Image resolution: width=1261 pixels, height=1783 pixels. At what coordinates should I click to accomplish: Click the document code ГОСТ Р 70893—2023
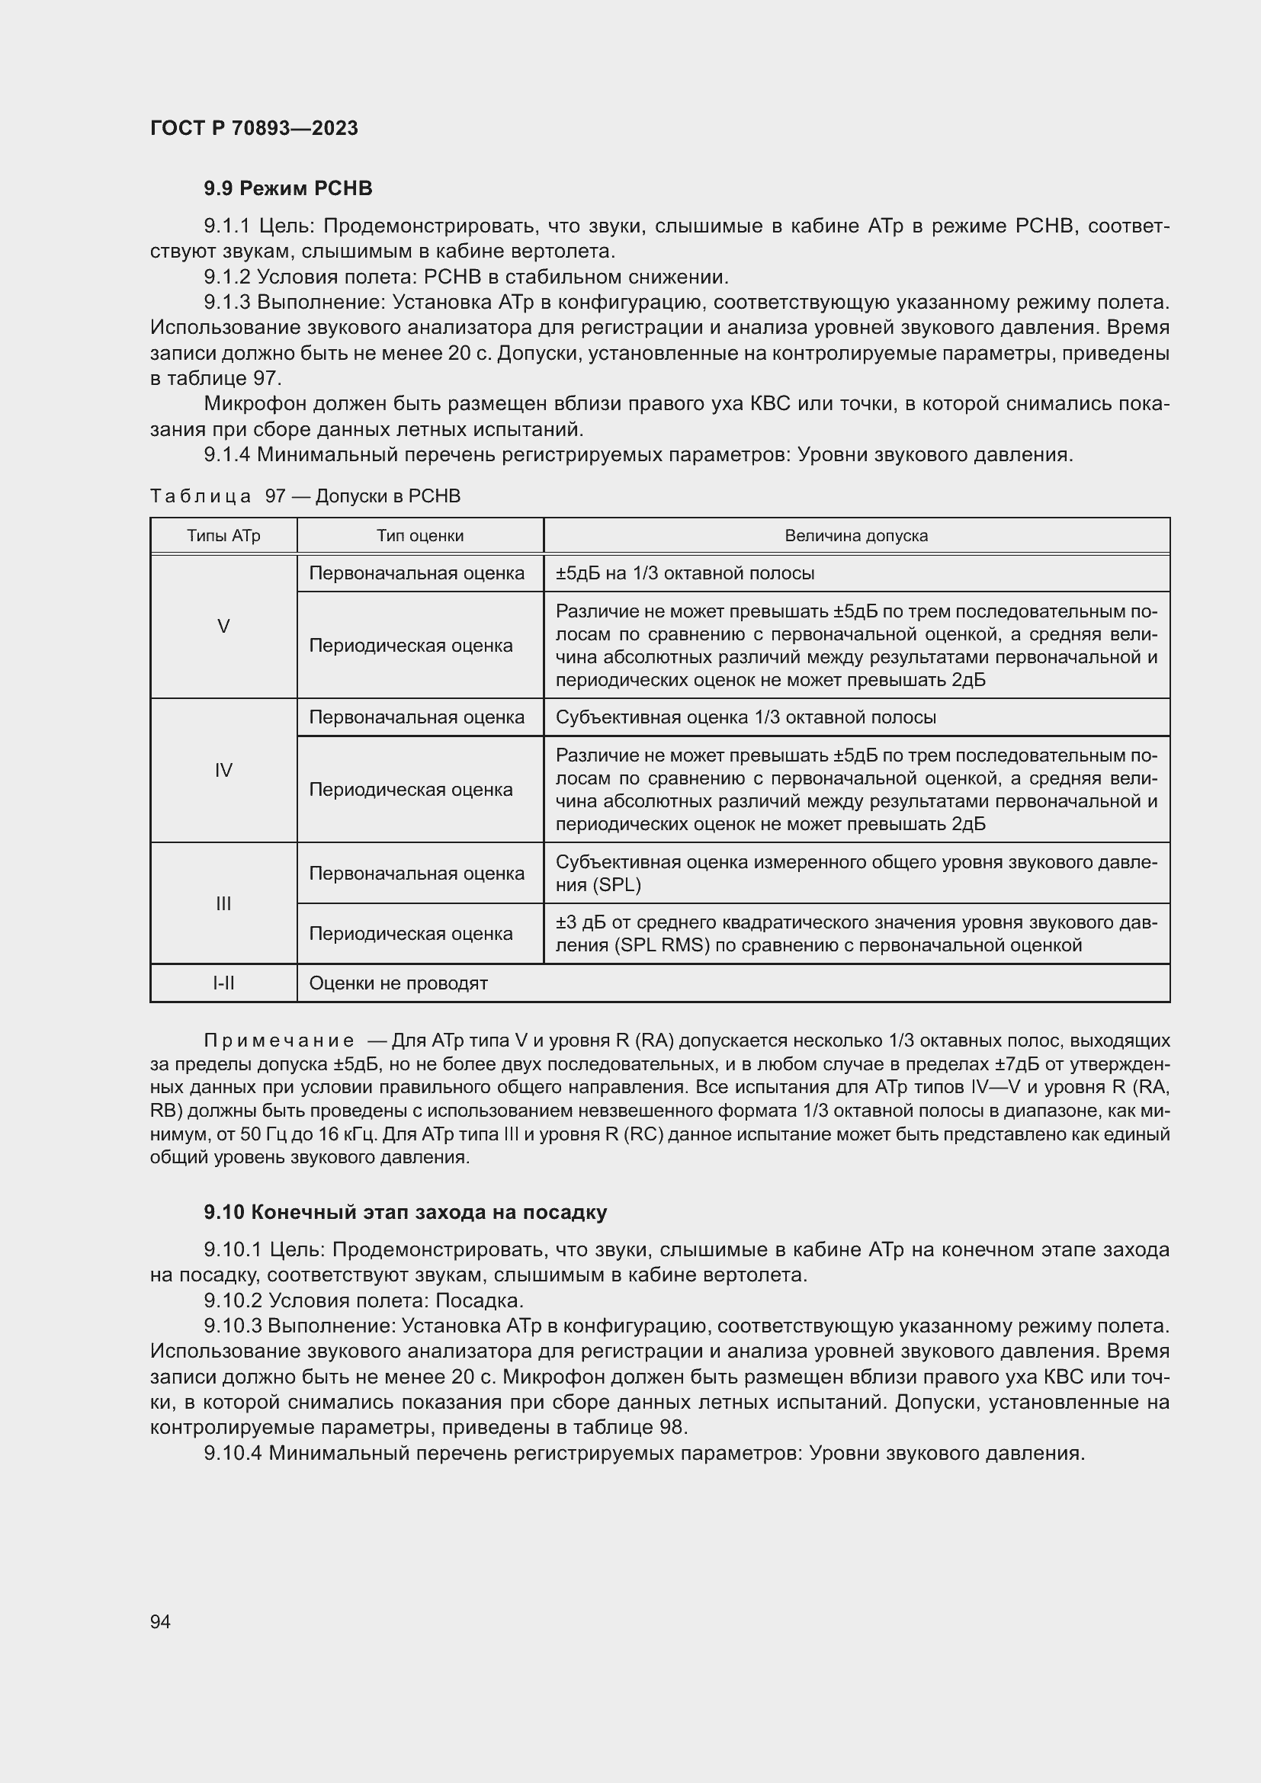(254, 128)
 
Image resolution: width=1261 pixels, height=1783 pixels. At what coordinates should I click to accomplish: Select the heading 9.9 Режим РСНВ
(288, 189)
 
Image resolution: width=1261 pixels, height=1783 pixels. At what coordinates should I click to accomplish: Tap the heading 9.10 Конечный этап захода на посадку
(406, 1212)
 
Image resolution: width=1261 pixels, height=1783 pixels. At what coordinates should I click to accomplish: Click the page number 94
(161, 1621)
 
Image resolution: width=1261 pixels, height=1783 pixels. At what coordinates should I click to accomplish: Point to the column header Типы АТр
(223, 536)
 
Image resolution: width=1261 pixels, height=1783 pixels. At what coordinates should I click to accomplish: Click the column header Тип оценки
(420, 536)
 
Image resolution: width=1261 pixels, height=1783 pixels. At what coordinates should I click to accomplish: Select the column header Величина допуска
(855, 536)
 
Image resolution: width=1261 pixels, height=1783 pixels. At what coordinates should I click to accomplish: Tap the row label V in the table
(223, 627)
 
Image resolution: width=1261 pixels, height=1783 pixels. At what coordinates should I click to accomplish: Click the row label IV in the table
(223, 771)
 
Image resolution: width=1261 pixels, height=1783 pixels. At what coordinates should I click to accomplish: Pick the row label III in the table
(223, 903)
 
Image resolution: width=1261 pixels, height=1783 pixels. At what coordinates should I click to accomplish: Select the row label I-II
(223, 983)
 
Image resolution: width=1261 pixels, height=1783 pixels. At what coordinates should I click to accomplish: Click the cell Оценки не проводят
(398, 983)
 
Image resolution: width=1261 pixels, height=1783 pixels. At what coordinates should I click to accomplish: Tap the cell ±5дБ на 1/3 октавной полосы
(685, 574)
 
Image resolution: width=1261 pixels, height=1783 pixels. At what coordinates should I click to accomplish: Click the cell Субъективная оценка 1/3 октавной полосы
(746, 717)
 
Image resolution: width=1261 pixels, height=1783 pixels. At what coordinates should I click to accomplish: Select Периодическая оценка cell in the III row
(411, 934)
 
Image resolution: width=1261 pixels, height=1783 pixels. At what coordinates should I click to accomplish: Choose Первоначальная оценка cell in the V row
(417, 574)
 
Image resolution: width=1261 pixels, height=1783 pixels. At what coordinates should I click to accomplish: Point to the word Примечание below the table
(279, 1041)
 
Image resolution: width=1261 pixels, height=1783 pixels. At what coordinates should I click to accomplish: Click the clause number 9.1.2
(226, 277)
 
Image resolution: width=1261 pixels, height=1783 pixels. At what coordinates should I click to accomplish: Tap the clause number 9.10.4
(233, 1453)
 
